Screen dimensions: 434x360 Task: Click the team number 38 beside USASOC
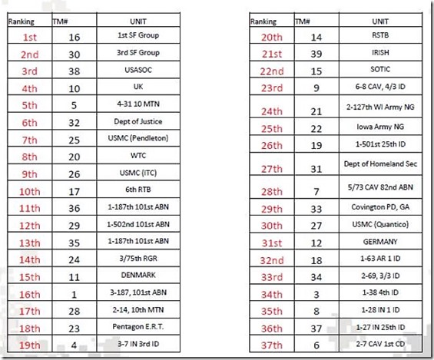75,70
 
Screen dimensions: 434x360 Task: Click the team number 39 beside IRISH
315,53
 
